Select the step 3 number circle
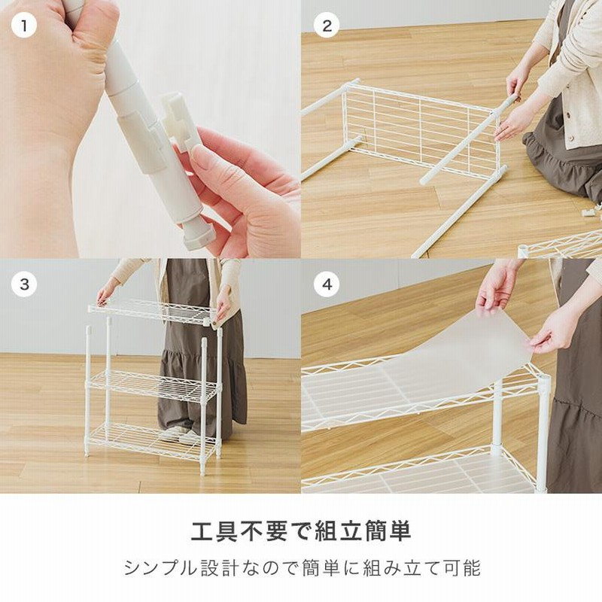tap(24, 284)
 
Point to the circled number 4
tap(326, 284)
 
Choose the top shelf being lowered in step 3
tap(150, 310)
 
